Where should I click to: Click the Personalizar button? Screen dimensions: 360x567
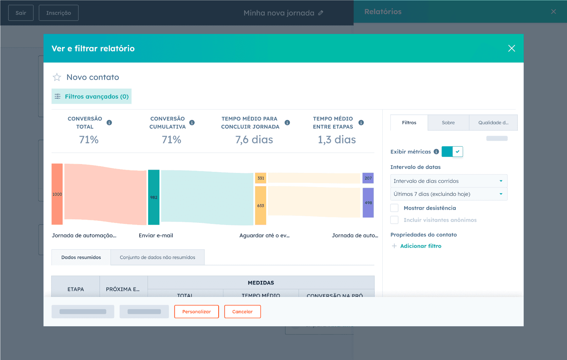196,311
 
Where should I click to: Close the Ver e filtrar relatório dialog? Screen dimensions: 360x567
511,48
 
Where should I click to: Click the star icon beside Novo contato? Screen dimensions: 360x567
57,77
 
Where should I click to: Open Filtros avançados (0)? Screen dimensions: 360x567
91,96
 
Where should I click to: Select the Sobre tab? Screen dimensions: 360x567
448,123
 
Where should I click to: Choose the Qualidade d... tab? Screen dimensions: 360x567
493,123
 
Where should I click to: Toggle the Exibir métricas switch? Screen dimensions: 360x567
452,152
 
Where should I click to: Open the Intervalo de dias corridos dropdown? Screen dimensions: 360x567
449,181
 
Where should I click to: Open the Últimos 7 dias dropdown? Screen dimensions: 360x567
449,194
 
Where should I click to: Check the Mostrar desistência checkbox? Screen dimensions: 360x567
394,208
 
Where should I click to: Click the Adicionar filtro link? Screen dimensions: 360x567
420,246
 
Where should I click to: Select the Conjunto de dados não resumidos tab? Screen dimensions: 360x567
157,257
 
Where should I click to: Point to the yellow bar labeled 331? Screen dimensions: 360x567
260,178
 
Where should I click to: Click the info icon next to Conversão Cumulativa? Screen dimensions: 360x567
192,123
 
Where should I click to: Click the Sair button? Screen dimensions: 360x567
21,13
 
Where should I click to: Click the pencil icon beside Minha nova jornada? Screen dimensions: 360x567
321,13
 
